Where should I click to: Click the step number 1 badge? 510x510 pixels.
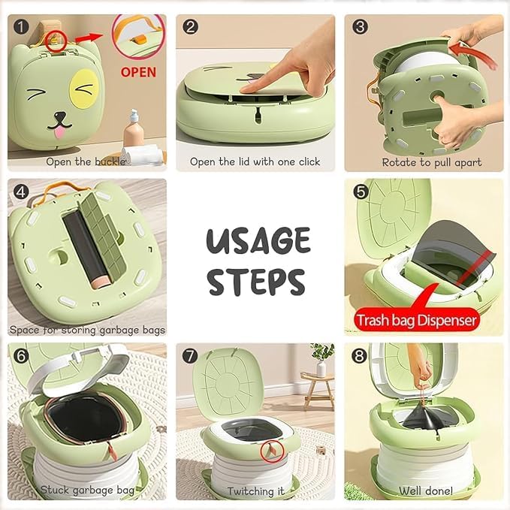click(22, 27)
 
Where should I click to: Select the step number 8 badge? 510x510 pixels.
click(361, 356)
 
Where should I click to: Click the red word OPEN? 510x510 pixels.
click(138, 72)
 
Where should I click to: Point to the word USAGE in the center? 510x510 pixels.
click(258, 242)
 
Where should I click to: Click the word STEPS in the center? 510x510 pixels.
click(256, 281)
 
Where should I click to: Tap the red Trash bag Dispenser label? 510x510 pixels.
click(416, 321)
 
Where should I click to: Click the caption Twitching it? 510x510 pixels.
click(255, 491)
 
